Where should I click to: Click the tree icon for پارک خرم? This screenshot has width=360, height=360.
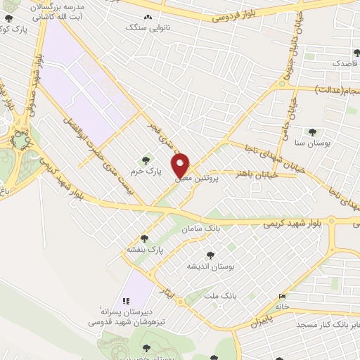pos(146,160)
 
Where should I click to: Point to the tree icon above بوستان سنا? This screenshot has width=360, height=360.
pos(311,131)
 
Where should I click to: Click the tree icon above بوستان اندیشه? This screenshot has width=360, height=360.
pos(209,255)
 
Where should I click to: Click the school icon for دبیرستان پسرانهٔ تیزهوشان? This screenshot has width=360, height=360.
pos(127,301)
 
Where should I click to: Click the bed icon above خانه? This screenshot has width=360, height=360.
pos(283,296)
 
